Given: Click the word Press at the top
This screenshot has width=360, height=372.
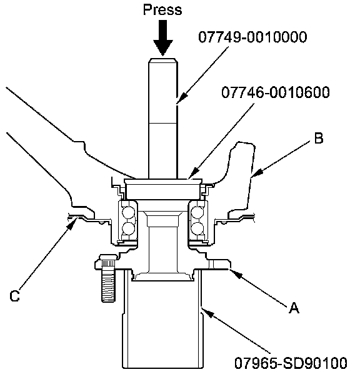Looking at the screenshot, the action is [x=162, y=10].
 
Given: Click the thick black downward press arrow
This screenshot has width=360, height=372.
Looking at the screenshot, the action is [x=162, y=38].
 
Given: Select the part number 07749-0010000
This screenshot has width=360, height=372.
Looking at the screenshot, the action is [x=252, y=37].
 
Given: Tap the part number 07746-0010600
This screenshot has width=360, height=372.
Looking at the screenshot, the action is [x=276, y=92].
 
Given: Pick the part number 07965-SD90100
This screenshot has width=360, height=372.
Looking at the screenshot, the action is [x=291, y=363].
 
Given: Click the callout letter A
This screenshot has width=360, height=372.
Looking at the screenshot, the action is [x=294, y=308].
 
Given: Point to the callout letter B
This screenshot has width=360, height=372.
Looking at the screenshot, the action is [x=319, y=138].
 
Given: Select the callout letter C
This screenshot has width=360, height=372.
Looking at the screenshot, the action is [x=14, y=296].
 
